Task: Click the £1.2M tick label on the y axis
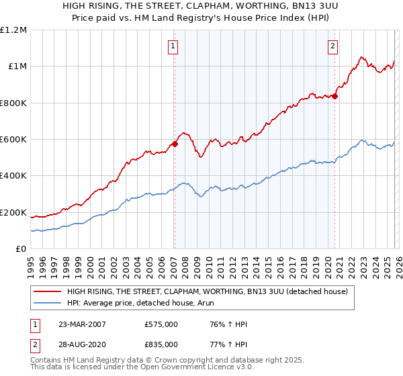point(13,30)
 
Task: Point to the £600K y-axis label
point(13,140)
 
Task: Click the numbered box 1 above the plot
point(173,46)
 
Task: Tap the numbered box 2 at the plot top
point(332,46)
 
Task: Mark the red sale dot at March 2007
point(175,144)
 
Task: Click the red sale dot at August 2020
point(334,96)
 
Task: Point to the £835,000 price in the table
point(161,344)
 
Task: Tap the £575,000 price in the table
point(161,325)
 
